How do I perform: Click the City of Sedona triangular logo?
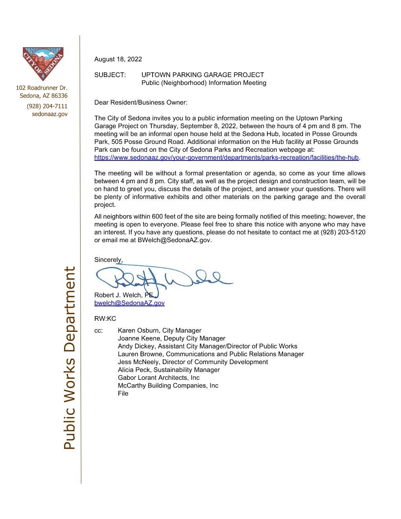pos(43,63)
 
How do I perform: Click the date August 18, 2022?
pos(118,59)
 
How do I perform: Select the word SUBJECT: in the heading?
pos(110,75)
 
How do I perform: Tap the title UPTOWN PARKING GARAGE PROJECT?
pos(202,75)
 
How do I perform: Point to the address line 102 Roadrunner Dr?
pos(42,87)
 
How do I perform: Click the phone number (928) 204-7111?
pos(47,106)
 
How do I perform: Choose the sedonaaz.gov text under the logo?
pos(50,114)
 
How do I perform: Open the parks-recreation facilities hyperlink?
pos(226,158)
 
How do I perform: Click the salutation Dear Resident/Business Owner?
pos(141,103)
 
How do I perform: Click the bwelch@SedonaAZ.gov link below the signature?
pos(129,303)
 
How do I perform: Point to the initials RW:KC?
pos(105,319)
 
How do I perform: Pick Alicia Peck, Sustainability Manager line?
pos(169,370)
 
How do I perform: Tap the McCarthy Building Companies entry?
pos(168,386)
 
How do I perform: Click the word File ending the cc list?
pos(123,394)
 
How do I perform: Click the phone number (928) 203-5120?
pos(343,232)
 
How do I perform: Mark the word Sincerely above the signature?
pos(108,260)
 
